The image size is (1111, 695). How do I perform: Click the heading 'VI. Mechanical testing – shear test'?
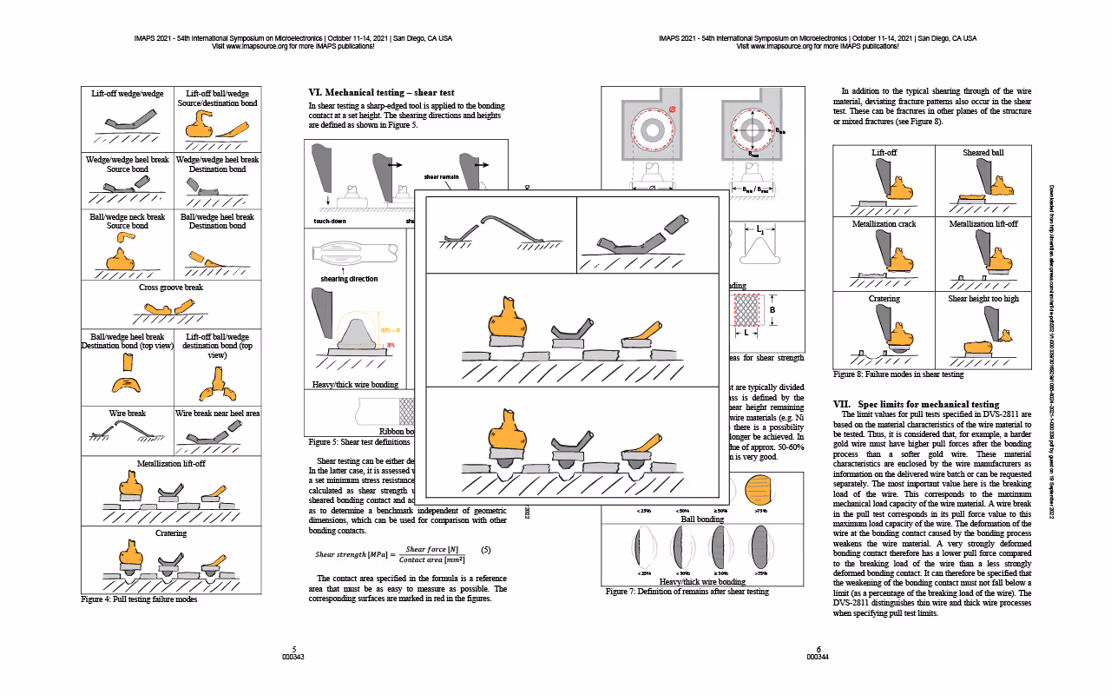click(381, 92)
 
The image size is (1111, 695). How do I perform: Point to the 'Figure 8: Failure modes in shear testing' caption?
click(898, 374)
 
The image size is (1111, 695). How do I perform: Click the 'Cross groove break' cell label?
click(171, 288)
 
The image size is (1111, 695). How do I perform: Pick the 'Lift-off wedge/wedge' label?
click(127, 94)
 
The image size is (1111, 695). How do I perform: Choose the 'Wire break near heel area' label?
click(218, 414)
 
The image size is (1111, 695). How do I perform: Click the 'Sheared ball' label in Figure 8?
click(983, 153)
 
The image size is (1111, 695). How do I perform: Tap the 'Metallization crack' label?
click(884, 224)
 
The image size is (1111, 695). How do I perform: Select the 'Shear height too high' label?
click(983, 299)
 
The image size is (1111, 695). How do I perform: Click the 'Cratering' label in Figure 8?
click(884, 299)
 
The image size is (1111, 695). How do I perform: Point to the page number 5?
click(294, 649)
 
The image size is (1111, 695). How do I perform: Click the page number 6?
click(818, 649)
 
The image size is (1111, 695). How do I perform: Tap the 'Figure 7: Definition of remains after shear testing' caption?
click(687, 592)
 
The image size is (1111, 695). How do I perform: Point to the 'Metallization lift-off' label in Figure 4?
click(171, 464)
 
